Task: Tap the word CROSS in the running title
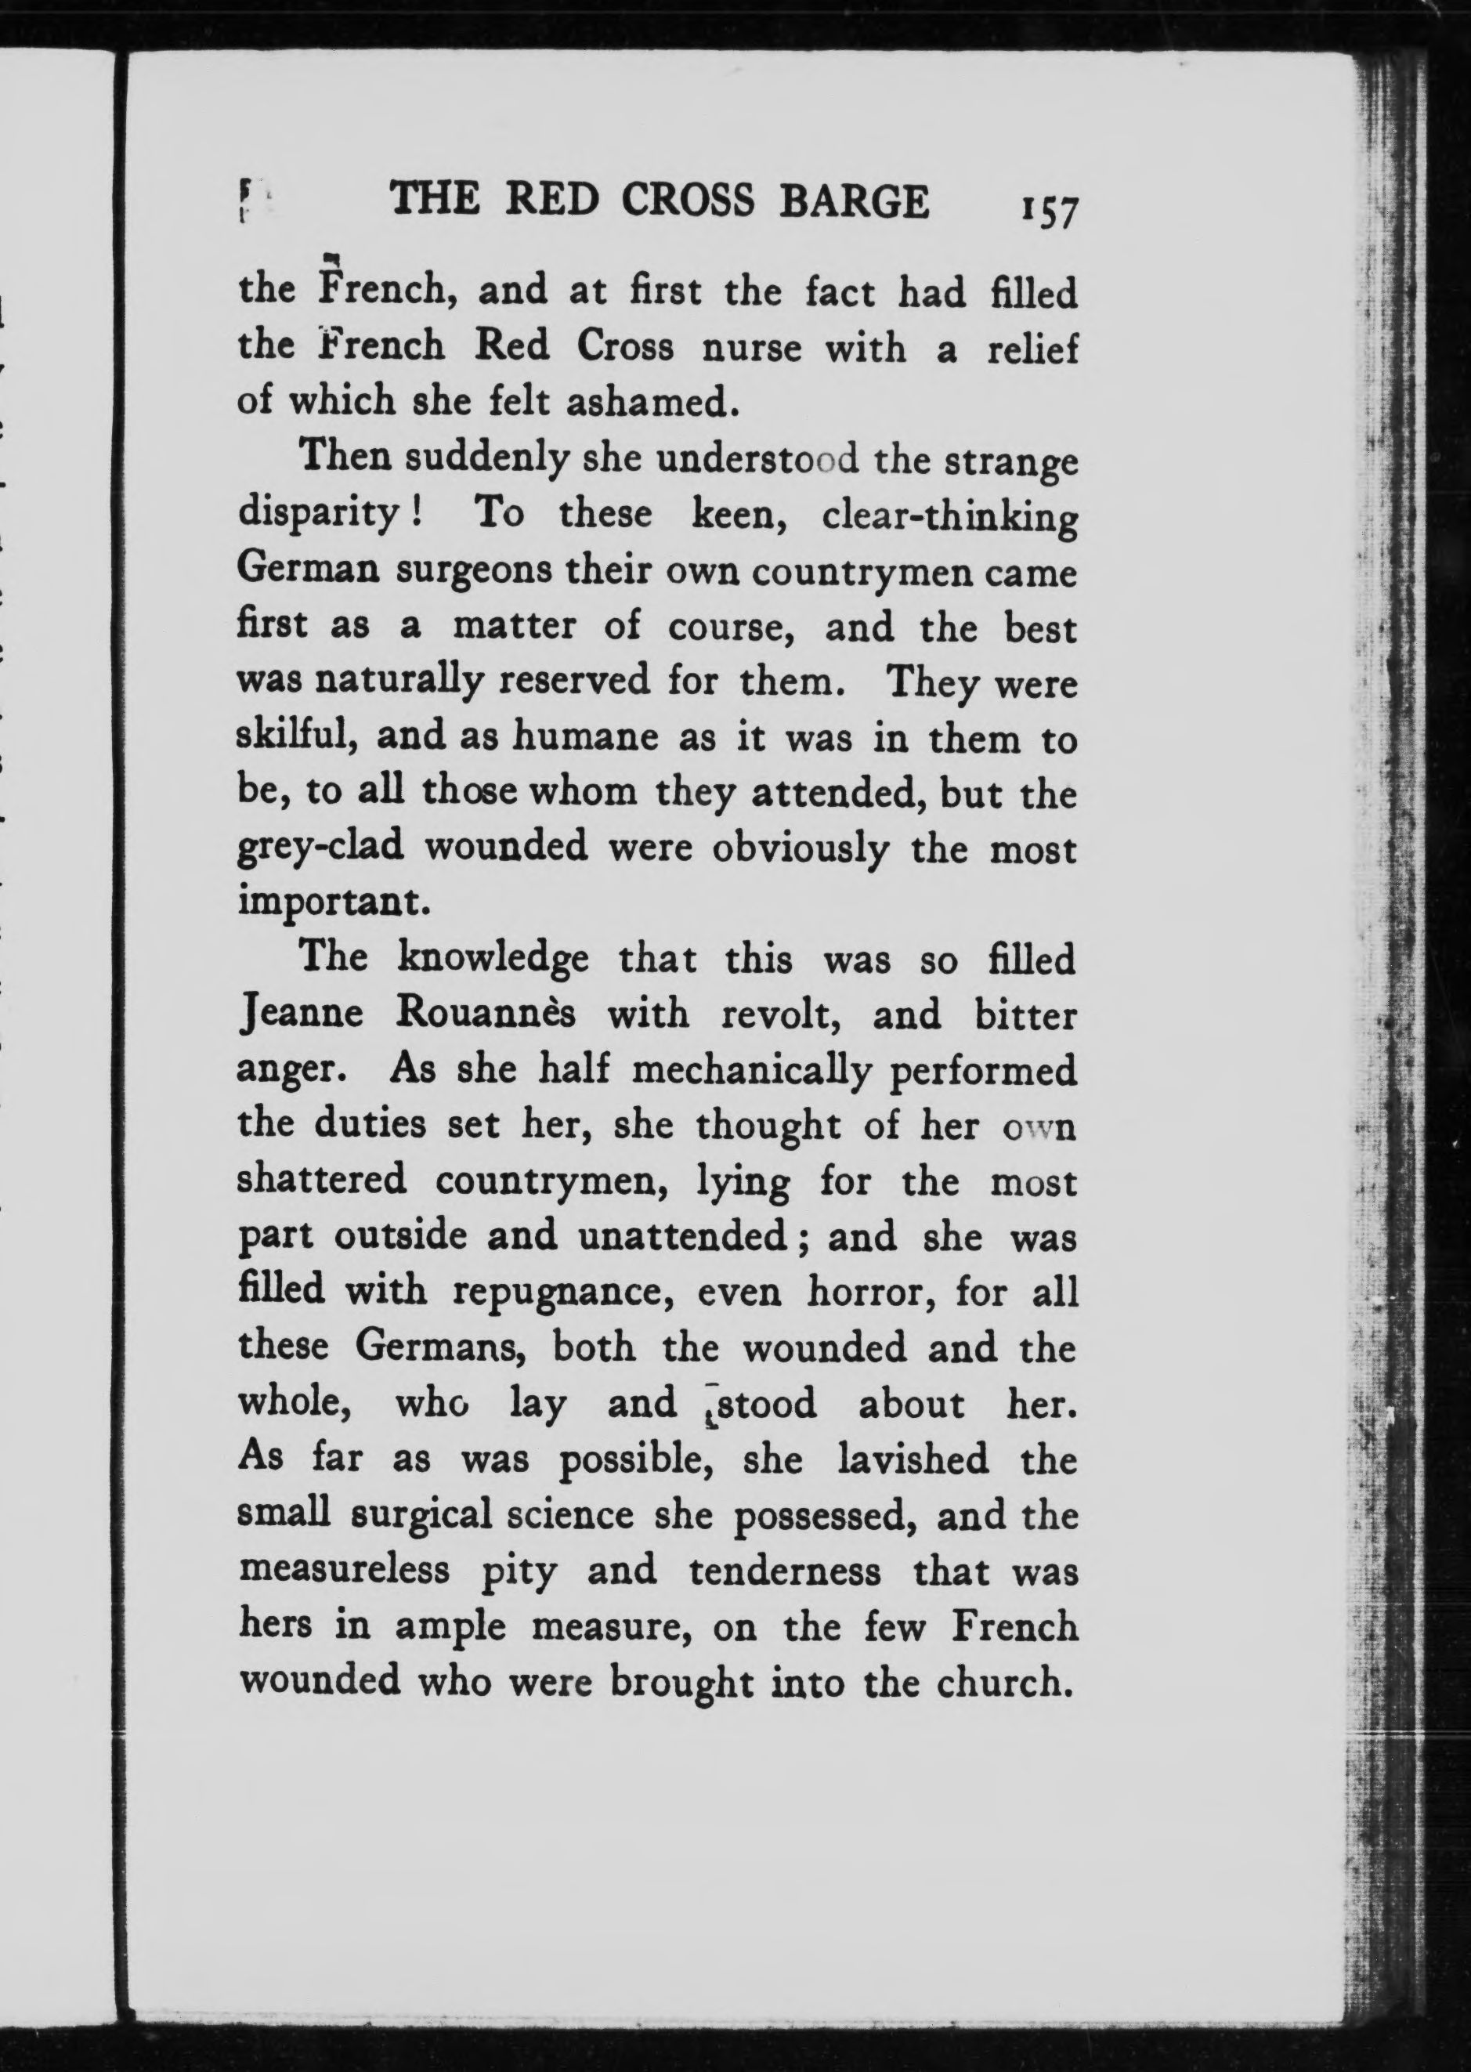pyautogui.click(x=688, y=201)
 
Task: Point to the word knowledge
pyautogui.click(x=493, y=960)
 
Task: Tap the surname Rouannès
pyautogui.click(x=486, y=1014)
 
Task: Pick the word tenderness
pyautogui.click(x=784, y=1570)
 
